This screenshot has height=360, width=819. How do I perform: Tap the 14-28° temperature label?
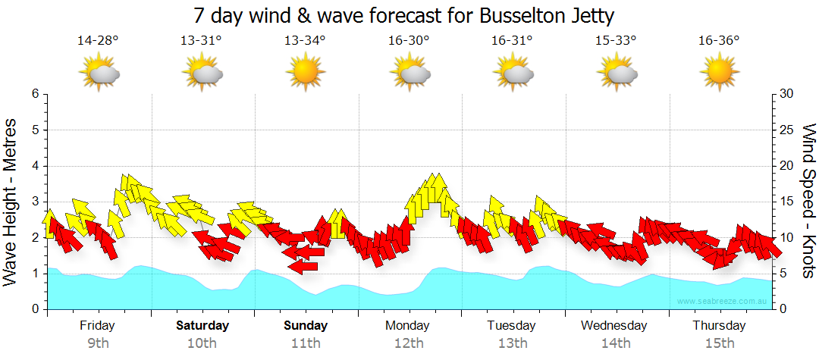(98, 41)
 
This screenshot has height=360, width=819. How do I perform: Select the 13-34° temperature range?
(305, 41)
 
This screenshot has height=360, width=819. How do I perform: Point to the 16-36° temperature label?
(719, 41)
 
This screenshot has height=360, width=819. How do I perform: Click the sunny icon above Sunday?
(305, 73)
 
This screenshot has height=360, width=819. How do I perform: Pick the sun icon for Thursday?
(719, 73)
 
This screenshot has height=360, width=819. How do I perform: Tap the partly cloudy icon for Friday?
(99, 73)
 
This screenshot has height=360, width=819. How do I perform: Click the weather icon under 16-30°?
(409, 73)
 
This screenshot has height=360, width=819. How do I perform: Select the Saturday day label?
(202, 326)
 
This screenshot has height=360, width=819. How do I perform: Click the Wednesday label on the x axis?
(614, 326)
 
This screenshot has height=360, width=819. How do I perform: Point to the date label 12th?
(409, 343)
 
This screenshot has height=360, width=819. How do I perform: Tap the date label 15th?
(719, 343)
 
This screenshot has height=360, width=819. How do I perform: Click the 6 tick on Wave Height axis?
(34, 94)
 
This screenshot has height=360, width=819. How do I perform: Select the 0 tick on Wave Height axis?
(34, 309)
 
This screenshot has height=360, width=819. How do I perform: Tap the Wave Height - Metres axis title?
(11, 202)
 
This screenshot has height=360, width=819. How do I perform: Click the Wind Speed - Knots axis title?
(808, 202)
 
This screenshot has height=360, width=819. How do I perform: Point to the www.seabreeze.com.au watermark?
(723, 301)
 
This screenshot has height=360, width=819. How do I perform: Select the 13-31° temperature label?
(201, 41)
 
